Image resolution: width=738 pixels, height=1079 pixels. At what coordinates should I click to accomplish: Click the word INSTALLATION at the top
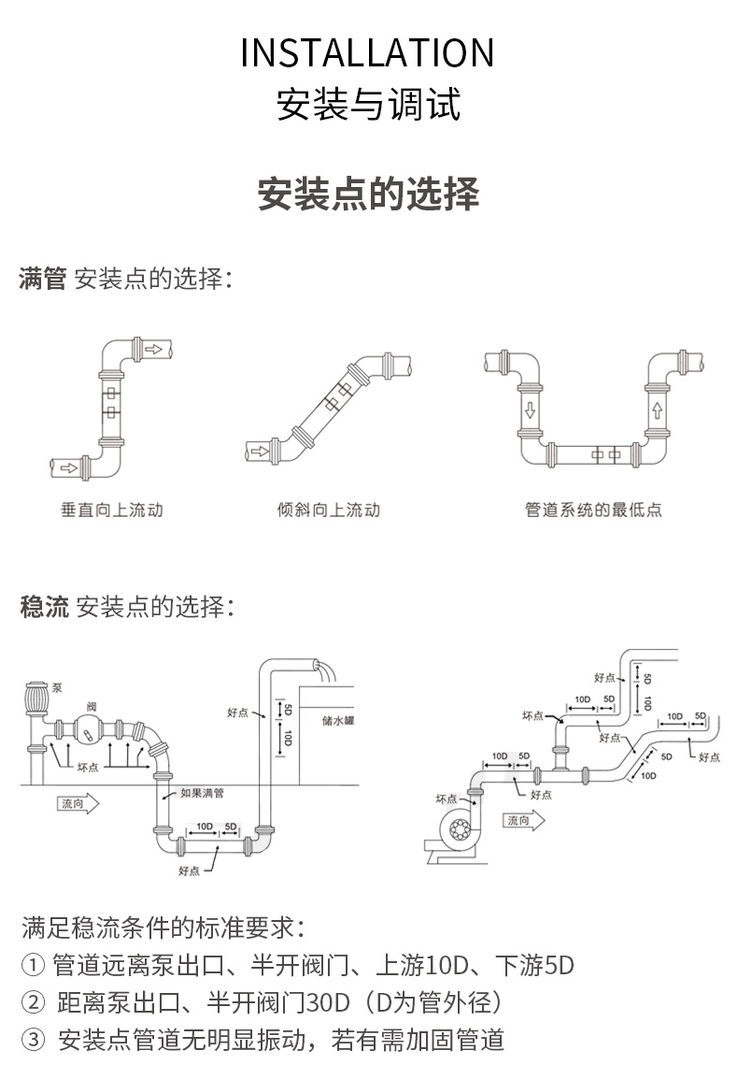click(367, 54)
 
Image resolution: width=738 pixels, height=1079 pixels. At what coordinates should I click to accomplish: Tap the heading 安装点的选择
click(368, 193)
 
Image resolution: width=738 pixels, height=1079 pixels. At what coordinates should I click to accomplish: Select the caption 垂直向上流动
click(111, 511)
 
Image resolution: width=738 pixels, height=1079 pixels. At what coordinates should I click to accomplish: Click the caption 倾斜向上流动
click(329, 511)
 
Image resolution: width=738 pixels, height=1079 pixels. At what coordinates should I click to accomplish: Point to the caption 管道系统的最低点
click(593, 511)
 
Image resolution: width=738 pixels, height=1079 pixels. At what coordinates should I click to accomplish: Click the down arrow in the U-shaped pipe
click(530, 410)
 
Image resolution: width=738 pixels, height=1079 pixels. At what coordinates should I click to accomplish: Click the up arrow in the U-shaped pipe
click(658, 410)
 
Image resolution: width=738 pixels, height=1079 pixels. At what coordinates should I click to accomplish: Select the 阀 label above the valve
click(91, 705)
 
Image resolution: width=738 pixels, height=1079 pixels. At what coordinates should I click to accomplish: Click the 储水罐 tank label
click(337, 721)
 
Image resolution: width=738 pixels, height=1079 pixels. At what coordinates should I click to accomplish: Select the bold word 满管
click(42, 279)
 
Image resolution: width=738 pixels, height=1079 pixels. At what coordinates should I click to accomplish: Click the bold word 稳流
click(44, 607)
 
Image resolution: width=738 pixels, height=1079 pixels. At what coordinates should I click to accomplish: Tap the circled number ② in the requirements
click(33, 1003)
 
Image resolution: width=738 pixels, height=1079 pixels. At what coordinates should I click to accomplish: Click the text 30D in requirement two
click(328, 1003)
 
